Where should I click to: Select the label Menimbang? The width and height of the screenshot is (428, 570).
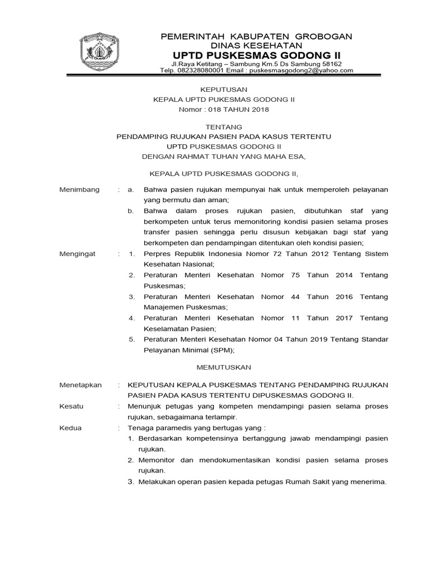pos(80,189)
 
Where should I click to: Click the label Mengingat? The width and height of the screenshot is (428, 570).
pos(77,254)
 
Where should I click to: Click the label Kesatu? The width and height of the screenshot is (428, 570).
pos(71,406)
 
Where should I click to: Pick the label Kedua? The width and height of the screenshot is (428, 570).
pos(70,428)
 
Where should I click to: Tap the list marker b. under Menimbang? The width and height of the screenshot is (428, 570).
pos(130,211)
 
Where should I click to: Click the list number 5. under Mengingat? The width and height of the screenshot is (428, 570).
pos(132,340)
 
